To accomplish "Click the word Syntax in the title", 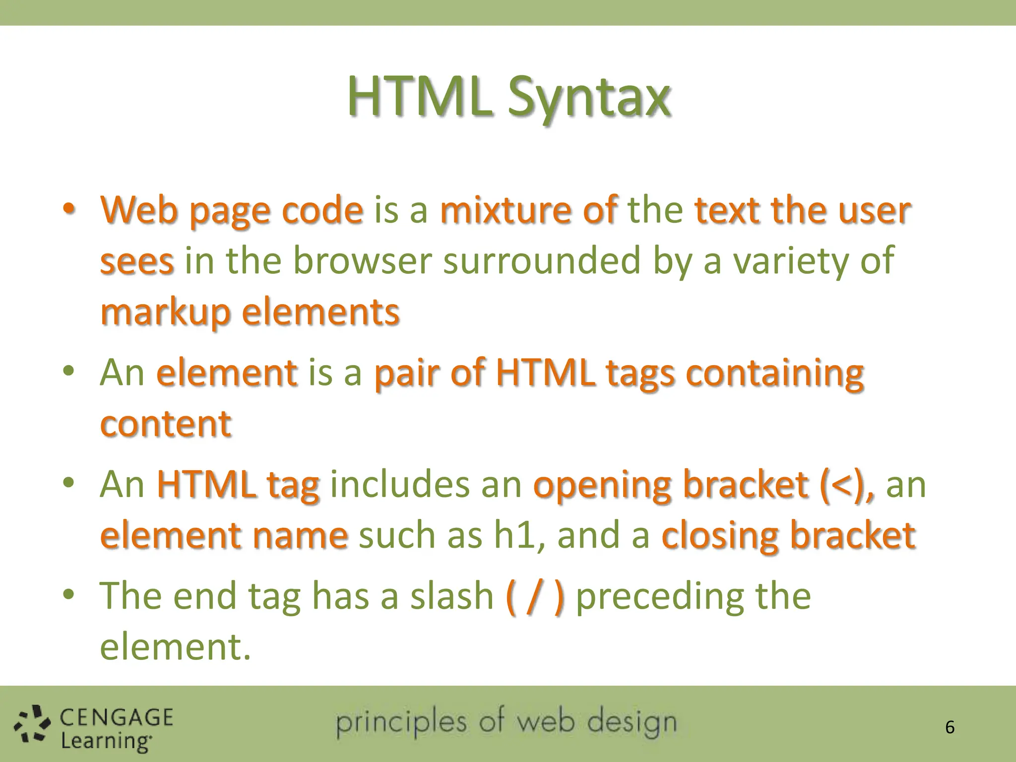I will (x=589, y=97).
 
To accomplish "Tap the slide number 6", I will (x=950, y=727).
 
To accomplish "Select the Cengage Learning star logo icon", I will (x=32, y=725).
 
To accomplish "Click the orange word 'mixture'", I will (x=506, y=210).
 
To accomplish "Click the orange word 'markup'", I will (x=166, y=313).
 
